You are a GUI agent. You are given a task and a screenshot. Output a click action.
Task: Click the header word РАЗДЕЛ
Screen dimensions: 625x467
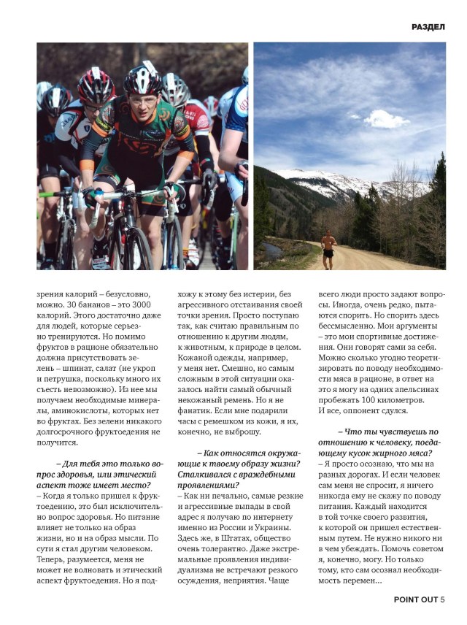point(428,26)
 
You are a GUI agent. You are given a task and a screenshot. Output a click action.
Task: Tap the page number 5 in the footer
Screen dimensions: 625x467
point(442,600)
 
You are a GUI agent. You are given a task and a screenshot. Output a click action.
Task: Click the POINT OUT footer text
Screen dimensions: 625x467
point(415,600)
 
